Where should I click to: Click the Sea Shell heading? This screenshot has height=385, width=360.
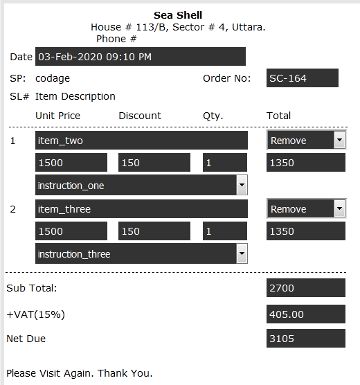[178, 15]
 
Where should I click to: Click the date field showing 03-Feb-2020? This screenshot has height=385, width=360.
[141, 57]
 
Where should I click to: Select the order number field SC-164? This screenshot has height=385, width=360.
[303, 78]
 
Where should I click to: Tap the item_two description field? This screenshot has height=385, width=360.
[141, 140]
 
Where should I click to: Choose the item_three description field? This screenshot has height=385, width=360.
[141, 208]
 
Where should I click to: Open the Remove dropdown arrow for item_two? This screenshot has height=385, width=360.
[340, 140]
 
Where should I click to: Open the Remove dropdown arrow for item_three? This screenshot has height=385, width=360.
[340, 208]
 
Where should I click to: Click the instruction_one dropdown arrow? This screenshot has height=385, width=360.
[242, 185]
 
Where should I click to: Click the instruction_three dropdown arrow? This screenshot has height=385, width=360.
[242, 253]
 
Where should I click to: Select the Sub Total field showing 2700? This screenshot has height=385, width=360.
[306, 287]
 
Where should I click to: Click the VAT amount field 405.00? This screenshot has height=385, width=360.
[306, 314]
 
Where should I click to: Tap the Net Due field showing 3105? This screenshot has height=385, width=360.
[306, 339]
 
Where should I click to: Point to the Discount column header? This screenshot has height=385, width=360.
[140, 116]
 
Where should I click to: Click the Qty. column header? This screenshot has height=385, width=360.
[213, 116]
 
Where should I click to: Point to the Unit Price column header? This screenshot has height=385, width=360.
[57, 116]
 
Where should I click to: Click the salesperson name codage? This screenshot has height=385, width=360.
[53, 78]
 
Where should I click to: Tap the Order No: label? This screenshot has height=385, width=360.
[226, 78]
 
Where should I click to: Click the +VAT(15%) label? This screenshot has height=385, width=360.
[35, 314]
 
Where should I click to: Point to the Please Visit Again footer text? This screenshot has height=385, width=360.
[80, 373]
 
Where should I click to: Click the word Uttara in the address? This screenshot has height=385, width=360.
[249, 27]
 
